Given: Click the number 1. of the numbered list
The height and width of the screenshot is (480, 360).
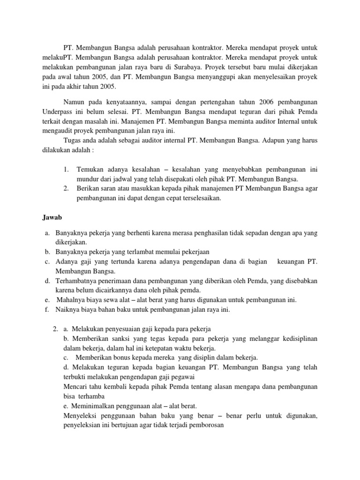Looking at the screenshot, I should tap(67, 169).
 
